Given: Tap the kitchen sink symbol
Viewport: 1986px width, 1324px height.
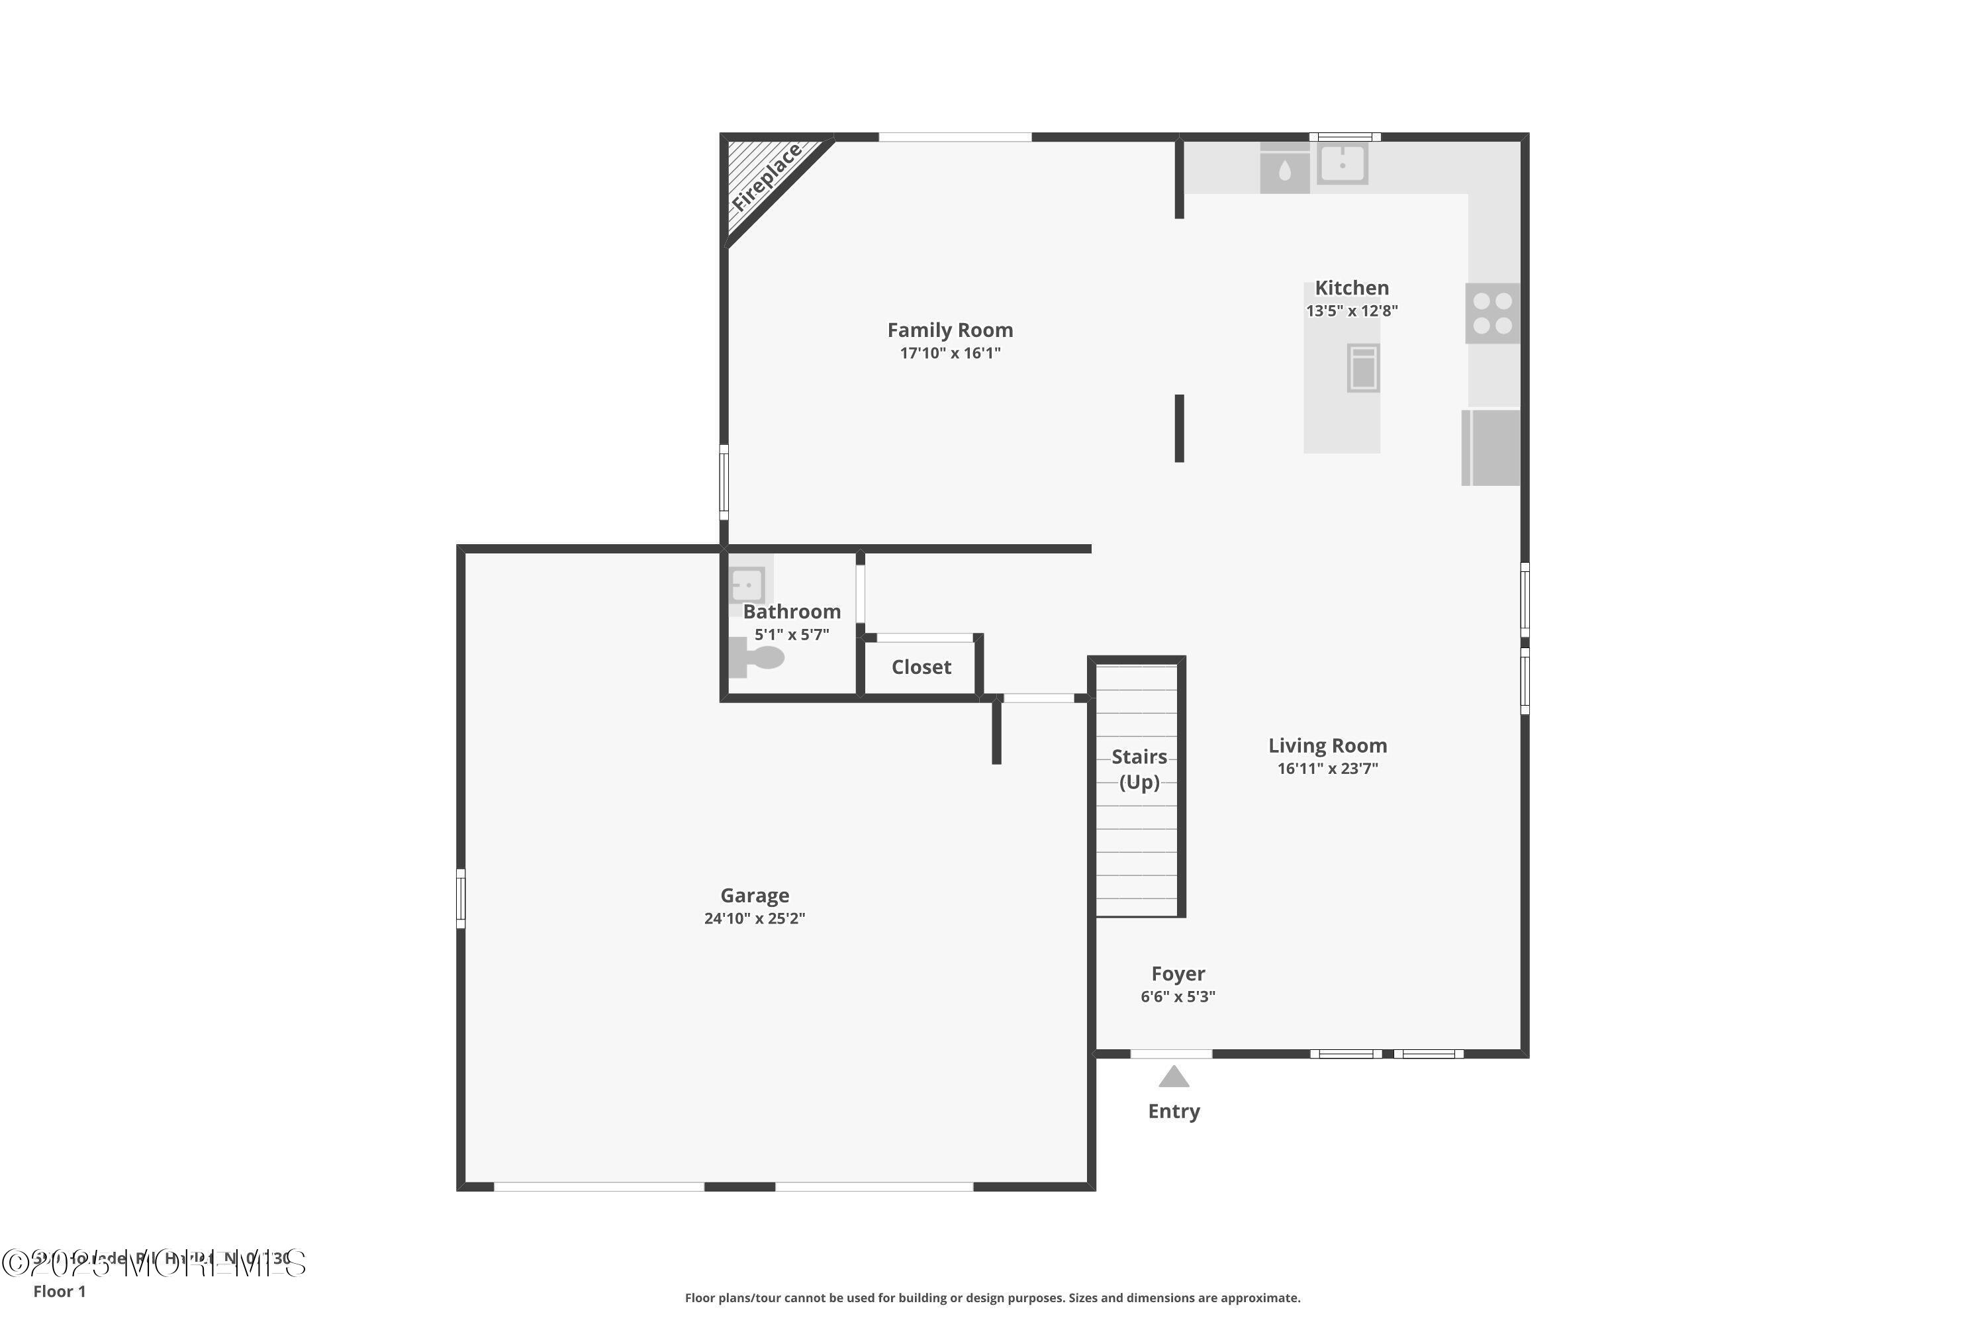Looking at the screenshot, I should click(1342, 164).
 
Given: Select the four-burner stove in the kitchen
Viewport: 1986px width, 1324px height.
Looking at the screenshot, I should click(1492, 313).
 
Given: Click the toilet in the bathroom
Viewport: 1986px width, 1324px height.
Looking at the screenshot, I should click(758, 657).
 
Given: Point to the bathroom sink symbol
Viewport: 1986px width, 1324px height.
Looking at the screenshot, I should click(747, 585).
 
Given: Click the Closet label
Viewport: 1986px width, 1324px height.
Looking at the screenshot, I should click(922, 667).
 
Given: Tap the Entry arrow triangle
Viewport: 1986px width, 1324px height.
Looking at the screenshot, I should click(1174, 1078).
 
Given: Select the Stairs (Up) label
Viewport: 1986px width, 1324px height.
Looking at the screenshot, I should click(1139, 769).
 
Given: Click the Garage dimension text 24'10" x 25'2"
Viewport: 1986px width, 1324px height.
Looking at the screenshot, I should click(754, 919).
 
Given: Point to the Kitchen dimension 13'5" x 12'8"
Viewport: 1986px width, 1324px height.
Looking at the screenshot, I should click(1351, 310).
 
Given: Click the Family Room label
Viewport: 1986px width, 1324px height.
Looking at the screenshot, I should click(950, 330).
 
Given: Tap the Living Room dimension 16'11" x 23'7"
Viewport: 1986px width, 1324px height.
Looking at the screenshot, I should click(1327, 769).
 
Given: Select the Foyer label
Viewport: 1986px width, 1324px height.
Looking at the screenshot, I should click(1178, 974).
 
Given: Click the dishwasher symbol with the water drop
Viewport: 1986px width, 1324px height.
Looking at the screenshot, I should click(1284, 169).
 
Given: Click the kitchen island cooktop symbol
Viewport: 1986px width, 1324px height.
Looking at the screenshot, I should click(1363, 368).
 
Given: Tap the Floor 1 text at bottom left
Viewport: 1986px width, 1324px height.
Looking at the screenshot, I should click(59, 1291).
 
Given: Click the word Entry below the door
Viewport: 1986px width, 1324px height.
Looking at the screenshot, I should click(1174, 1111).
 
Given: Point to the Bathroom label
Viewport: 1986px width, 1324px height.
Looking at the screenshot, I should click(791, 611).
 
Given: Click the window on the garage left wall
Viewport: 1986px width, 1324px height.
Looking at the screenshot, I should click(460, 898).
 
